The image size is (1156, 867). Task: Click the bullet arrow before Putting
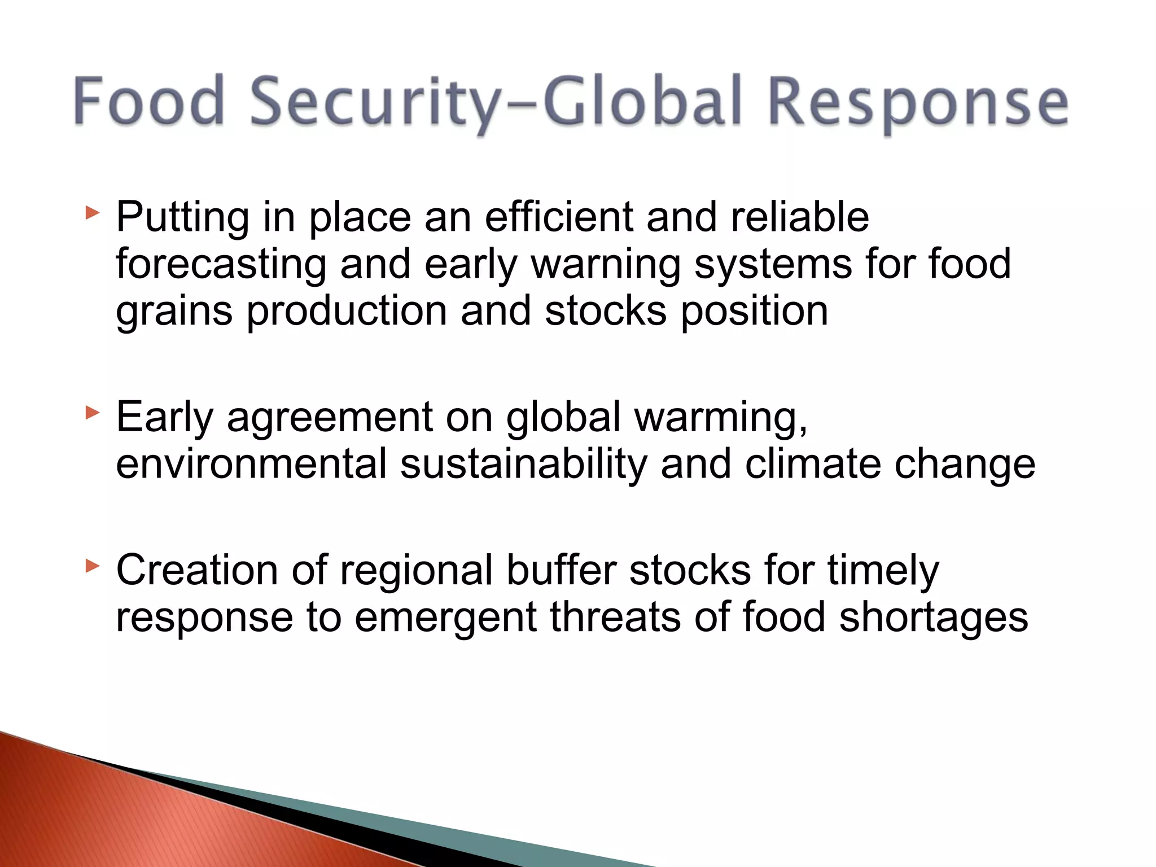(x=92, y=213)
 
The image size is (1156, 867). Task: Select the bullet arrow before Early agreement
(x=92, y=413)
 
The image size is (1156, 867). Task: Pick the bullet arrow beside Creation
(x=92, y=566)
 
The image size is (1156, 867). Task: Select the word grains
(x=174, y=312)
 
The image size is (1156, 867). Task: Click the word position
(x=755, y=312)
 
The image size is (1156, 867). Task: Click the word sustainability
(x=523, y=464)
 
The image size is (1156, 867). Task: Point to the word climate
(x=813, y=464)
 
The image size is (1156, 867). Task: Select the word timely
(x=883, y=570)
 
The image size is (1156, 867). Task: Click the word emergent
(x=445, y=617)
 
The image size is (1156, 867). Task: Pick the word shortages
(x=934, y=617)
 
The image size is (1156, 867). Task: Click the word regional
(x=417, y=570)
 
